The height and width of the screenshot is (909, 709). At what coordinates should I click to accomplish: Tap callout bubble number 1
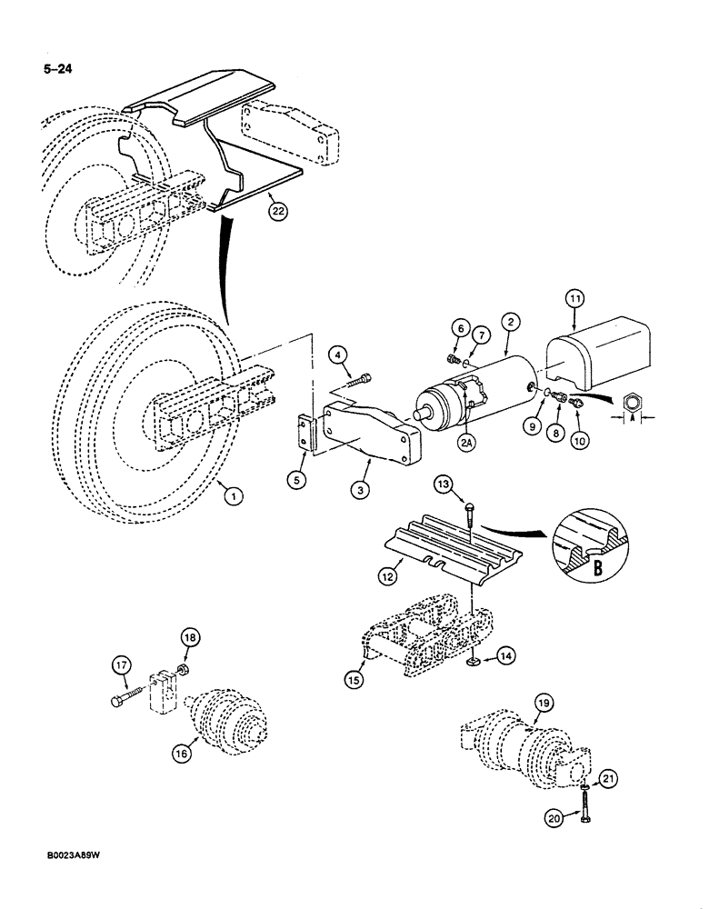235,495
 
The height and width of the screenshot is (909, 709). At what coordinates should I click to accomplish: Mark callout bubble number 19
544,702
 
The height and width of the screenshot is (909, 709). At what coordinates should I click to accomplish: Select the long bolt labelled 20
583,799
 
